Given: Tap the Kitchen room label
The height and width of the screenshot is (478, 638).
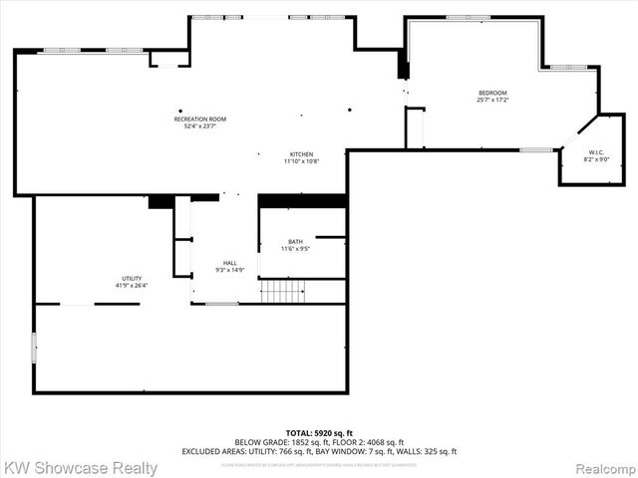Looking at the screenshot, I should [x=302, y=154].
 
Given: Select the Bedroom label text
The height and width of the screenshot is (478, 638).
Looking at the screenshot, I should [x=492, y=94].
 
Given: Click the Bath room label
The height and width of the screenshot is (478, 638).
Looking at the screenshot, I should [x=296, y=242].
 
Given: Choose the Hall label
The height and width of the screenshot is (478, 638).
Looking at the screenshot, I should [x=230, y=263].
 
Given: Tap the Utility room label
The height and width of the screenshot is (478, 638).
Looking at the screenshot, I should [x=132, y=279].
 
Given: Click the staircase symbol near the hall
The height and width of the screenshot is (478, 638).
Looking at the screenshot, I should [x=281, y=291].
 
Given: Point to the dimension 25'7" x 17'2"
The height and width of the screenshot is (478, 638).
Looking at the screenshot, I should [x=492, y=101].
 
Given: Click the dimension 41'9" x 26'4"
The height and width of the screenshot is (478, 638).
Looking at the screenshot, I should [x=132, y=286].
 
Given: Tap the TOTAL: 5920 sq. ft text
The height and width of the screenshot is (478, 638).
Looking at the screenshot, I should [x=319, y=432].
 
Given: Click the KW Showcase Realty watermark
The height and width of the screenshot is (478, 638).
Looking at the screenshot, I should [x=80, y=467].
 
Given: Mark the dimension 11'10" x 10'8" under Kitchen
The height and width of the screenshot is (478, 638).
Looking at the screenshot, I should [x=302, y=161].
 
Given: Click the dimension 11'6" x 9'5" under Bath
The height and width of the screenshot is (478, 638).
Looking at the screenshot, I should [x=296, y=249].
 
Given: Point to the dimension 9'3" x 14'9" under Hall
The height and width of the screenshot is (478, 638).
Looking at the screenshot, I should [x=230, y=270].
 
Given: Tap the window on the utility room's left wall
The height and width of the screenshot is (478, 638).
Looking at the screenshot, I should [x=34, y=348].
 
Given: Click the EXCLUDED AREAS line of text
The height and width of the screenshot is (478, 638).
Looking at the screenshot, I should [x=319, y=451].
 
